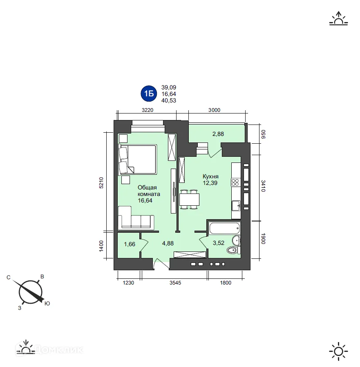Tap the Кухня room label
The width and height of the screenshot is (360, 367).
[210, 176]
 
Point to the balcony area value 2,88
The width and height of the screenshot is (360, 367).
[217, 133]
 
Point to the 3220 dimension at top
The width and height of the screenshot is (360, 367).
[148, 110]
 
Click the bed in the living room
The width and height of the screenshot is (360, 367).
[138, 159]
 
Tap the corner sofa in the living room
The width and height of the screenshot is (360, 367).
[134, 218]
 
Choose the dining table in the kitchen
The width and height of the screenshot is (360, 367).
[189, 200]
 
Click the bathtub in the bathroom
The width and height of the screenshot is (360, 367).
[224, 228]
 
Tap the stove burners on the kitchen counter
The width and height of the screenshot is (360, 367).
[236, 182]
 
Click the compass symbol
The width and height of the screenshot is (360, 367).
[30, 291]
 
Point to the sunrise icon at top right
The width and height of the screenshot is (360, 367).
[338, 19]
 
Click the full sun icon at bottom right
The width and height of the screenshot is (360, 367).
[338, 351]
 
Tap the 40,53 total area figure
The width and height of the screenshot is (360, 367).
[169, 100]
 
